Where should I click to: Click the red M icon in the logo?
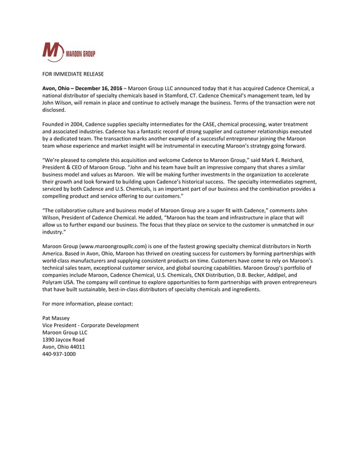tap(54, 52)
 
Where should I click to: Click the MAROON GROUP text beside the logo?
tap(81, 54)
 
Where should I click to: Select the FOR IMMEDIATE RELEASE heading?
tap(73, 74)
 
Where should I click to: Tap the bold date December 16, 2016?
tap(100, 89)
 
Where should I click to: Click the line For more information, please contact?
tap(87, 304)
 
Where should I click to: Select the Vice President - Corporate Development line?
tap(90, 326)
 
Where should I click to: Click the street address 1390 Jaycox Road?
tap(63, 340)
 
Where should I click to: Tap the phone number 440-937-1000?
tap(59, 354)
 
